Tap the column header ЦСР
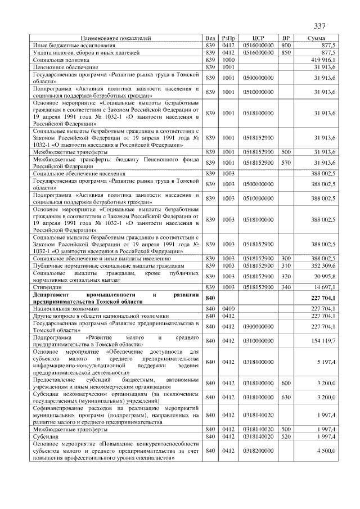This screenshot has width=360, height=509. [259, 38]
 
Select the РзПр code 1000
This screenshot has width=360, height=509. [228, 59]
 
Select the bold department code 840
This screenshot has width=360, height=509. [211, 298]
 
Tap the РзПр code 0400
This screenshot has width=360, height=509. [228, 308]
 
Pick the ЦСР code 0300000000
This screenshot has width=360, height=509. [258, 326]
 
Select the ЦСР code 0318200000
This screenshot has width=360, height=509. [258, 451]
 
